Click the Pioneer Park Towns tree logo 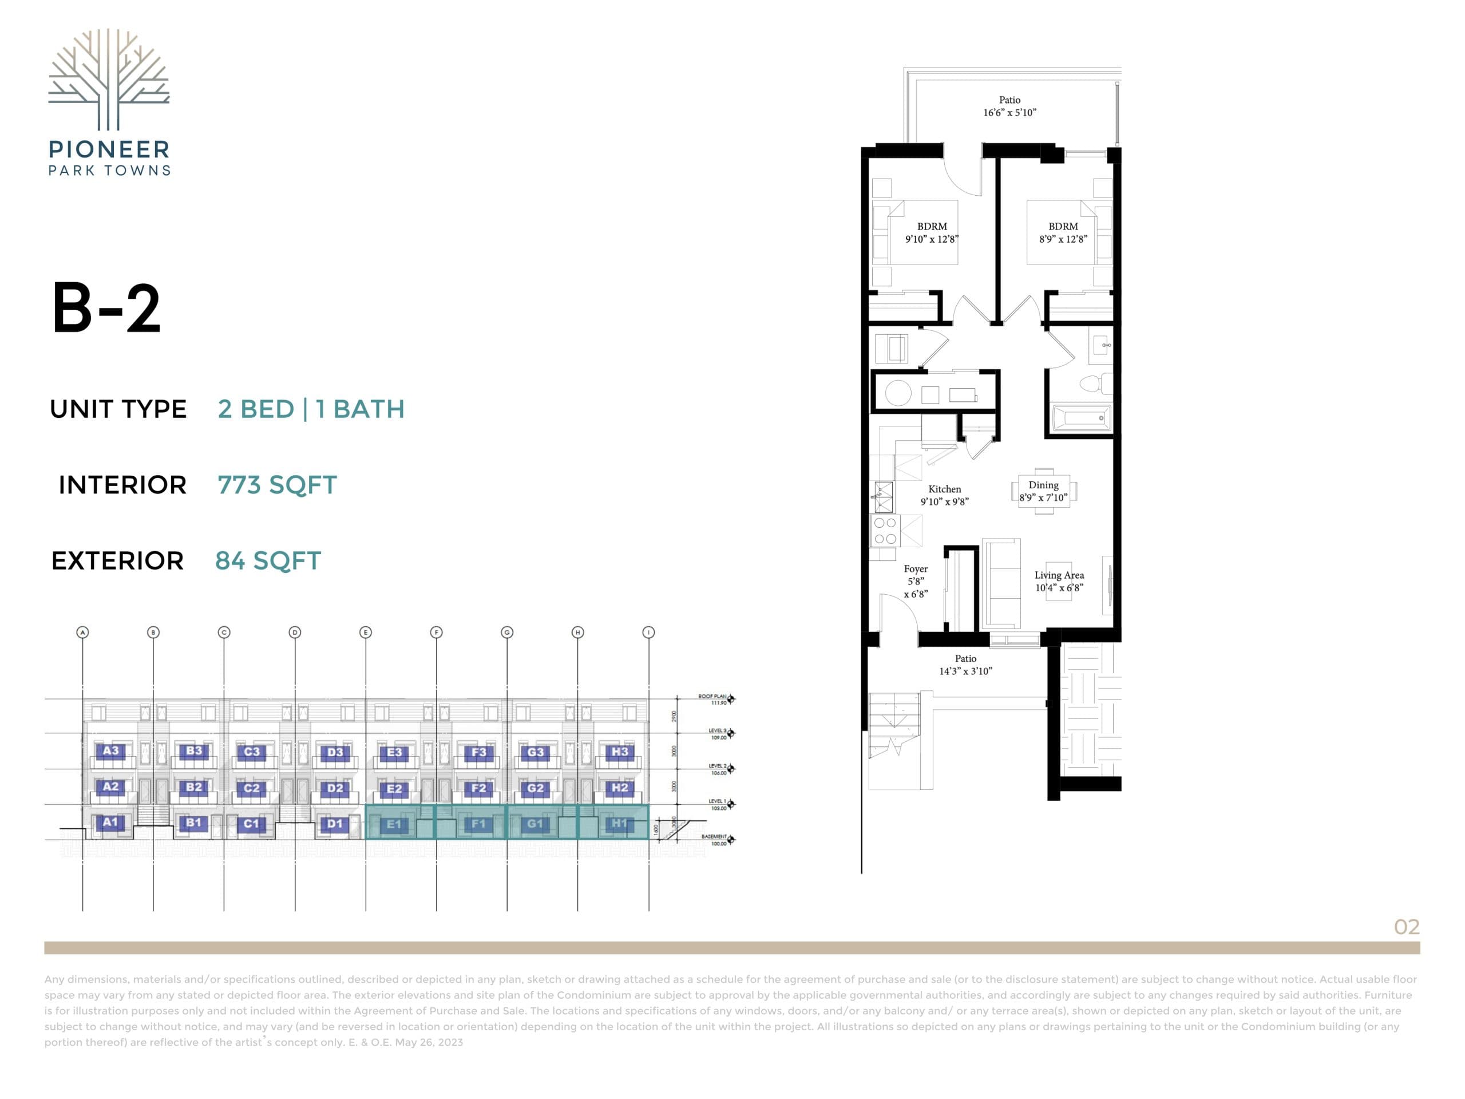pyautogui.click(x=109, y=79)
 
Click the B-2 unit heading pyautogui.click(x=106, y=308)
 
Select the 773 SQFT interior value pyautogui.click(x=277, y=485)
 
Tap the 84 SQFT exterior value pyautogui.click(x=268, y=560)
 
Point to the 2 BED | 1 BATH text pyautogui.click(x=311, y=409)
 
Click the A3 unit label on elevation pyautogui.click(x=110, y=750)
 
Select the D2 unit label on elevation pyautogui.click(x=335, y=788)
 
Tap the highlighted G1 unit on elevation pyautogui.click(x=535, y=824)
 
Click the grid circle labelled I pyautogui.click(x=648, y=632)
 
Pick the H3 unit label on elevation pyautogui.click(x=619, y=751)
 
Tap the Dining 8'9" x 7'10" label pyautogui.click(x=1043, y=491)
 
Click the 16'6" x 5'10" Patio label pyautogui.click(x=1009, y=106)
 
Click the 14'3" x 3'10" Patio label pyautogui.click(x=965, y=665)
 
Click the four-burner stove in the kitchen pyautogui.click(x=885, y=531)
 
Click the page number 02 pyautogui.click(x=1406, y=927)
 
